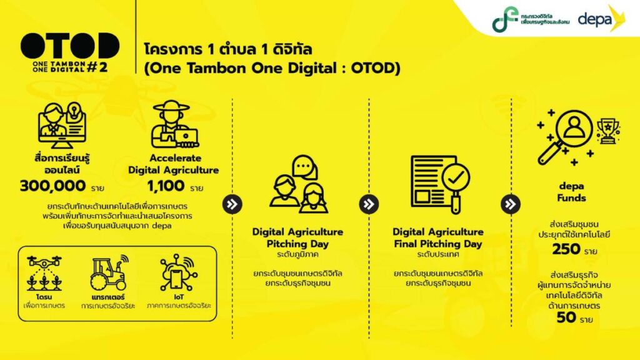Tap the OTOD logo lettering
(70, 46)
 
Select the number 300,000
(53, 186)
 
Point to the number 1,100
(166, 186)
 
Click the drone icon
(44, 273)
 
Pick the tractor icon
(109, 272)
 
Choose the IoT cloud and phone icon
(179, 272)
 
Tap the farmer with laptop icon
(174, 124)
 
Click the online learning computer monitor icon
(62, 125)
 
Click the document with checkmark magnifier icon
(441, 184)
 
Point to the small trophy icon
(608, 131)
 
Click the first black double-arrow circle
(232, 204)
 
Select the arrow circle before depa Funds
(511, 204)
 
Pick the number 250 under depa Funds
(566, 249)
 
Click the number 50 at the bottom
(566, 317)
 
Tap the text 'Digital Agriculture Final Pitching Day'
(438, 238)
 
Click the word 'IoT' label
(179, 297)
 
